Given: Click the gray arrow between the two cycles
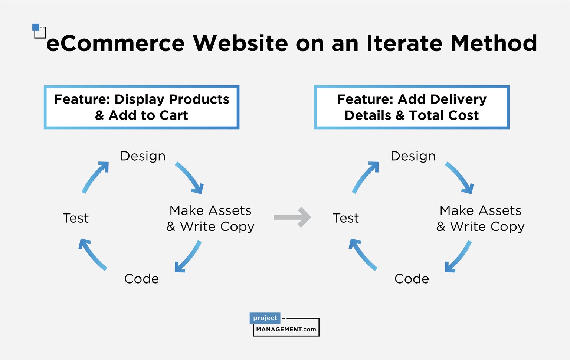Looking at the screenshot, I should (292, 217).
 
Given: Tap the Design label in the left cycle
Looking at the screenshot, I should (143, 156).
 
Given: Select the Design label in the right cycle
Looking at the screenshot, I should (413, 156).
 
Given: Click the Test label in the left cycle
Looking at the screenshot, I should (76, 218).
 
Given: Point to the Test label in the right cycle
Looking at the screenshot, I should (346, 218).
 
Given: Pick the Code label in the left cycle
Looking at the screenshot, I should (141, 279).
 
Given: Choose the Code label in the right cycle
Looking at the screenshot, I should (412, 279).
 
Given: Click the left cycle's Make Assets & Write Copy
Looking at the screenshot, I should (210, 218).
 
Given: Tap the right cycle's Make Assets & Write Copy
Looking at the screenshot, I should (481, 218).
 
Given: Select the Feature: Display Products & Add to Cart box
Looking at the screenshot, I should (141, 107).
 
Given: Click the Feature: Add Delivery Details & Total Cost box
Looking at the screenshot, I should (412, 107).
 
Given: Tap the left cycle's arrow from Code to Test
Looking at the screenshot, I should (92, 254).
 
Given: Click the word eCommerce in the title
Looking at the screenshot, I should (115, 43).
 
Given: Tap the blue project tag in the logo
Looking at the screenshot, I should (265, 318).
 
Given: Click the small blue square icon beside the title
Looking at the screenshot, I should (36, 27).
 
